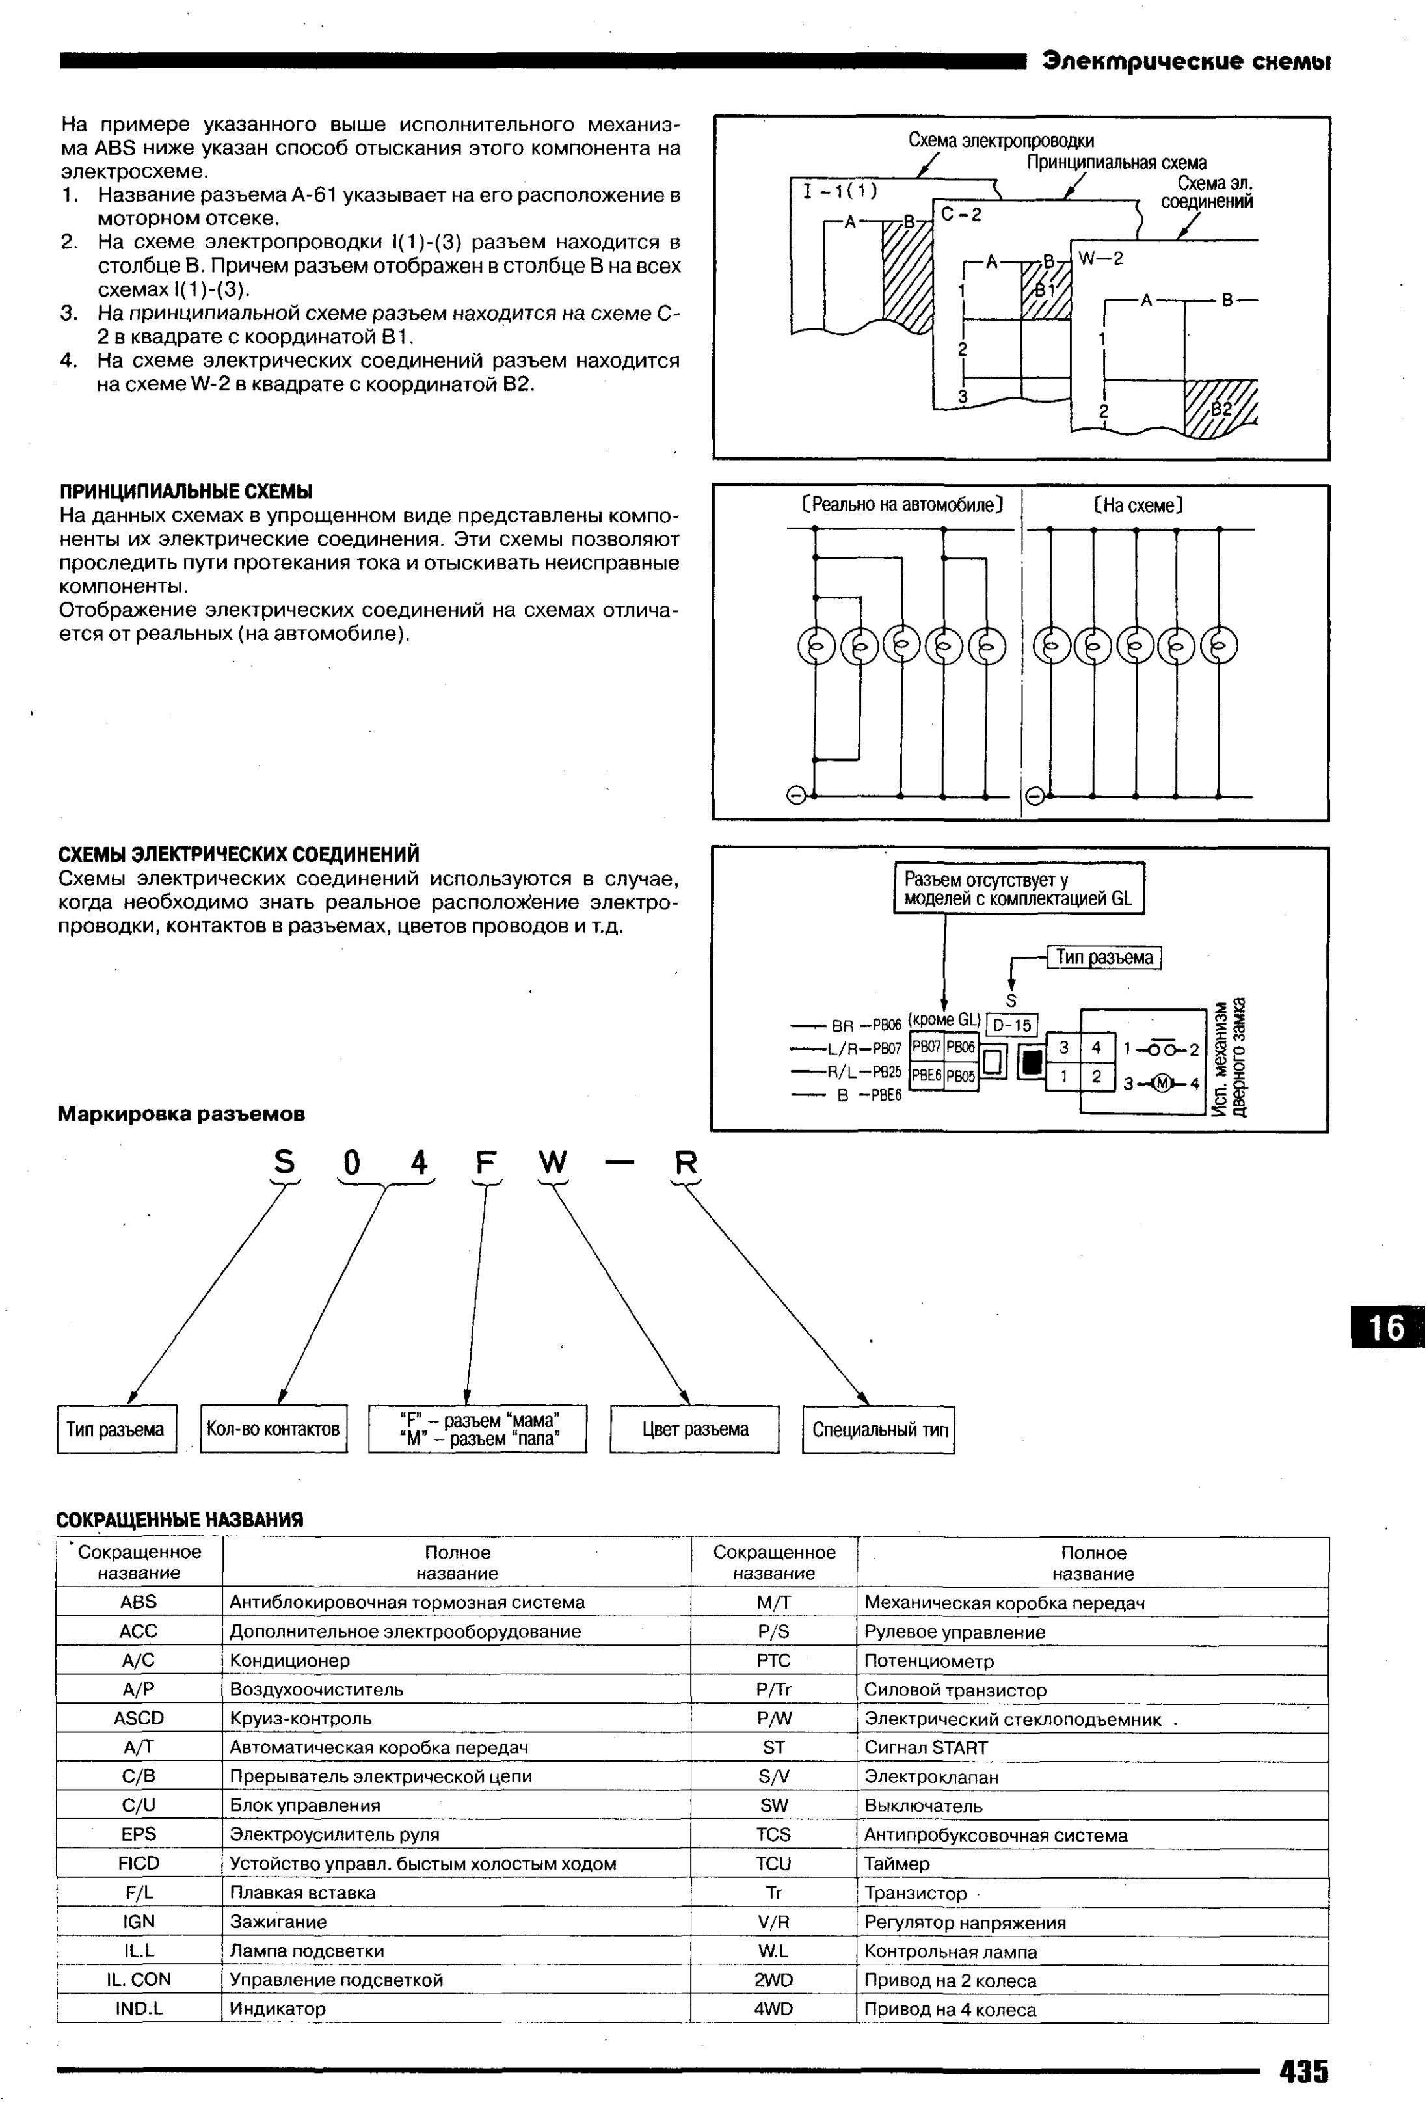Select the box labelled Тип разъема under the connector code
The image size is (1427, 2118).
coord(116,1429)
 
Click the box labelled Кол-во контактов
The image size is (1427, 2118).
coord(273,1429)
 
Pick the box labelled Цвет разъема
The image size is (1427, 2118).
coord(695,1429)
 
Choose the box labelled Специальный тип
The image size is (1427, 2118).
coord(878,1430)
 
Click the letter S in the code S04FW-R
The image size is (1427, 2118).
coord(285,1163)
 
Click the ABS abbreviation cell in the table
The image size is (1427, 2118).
coord(139,1602)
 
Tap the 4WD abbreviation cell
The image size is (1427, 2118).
coord(773,2009)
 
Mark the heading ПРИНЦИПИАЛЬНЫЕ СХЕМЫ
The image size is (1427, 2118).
coord(185,492)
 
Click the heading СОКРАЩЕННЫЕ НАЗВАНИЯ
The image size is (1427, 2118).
coord(180,1520)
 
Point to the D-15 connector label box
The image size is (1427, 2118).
coord(1012,1026)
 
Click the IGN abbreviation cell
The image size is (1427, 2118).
coord(139,1922)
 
